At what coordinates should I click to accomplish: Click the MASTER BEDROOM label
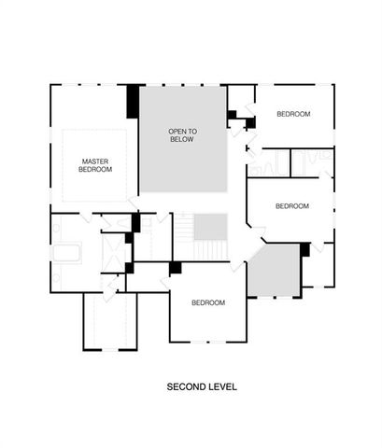[x=95, y=165]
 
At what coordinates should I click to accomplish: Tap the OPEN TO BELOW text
[x=182, y=134]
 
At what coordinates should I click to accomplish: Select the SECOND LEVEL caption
[x=203, y=385]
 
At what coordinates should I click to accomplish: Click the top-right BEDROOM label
[x=293, y=114]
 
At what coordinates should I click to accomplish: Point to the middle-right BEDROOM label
[x=292, y=205]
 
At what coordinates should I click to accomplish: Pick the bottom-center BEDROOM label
[x=208, y=302]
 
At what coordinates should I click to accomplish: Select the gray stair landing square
[x=211, y=226]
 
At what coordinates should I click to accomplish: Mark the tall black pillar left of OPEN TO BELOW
[x=134, y=101]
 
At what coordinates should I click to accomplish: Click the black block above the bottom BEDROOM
[x=175, y=268]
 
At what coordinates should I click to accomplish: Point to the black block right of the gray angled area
[x=304, y=249]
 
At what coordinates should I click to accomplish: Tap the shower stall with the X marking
[x=115, y=250]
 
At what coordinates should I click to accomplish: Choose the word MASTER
[x=95, y=161]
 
